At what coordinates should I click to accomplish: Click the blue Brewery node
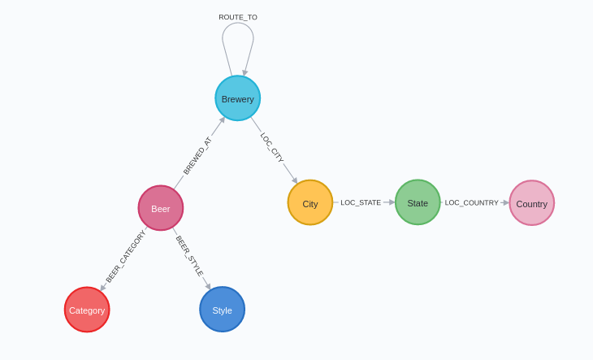[x=238, y=98]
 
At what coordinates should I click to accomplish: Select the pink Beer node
[x=161, y=208]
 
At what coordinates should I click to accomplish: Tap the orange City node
[x=310, y=202]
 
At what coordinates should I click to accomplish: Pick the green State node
[x=418, y=202]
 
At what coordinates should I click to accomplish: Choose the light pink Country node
[x=532, y=203]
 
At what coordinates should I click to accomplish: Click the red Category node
[x=87, y=310]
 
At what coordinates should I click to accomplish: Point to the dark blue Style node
[x=223, y=310]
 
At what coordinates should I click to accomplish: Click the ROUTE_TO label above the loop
[x=238, y=17]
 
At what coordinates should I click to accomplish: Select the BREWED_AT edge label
[x=197, y=156]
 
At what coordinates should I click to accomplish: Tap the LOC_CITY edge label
[x=272, y=147]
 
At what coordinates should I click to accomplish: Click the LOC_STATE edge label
[x=361, y=202]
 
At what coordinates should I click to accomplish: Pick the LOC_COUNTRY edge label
[x=471, y=202]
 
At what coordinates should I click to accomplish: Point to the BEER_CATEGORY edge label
[x=125, y=256]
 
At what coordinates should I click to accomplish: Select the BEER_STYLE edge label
[x=189, y=256]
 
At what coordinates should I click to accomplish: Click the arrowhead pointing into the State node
[x=392, y=202]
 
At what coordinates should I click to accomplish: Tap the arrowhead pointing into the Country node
[x=506, y=202]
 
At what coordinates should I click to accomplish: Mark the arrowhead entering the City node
[x=294, y=180]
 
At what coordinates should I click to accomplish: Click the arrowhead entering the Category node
[x=103, y=288]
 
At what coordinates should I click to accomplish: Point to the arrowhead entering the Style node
[x=207, y=286]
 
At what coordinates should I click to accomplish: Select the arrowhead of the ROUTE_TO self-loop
[x=245, y=72]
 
